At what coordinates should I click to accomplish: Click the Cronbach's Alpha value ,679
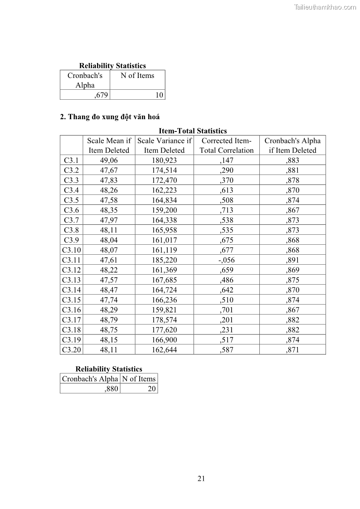click(101, 95)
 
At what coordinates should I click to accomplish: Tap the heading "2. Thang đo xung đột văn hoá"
click(110, 117)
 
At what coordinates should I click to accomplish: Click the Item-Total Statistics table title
click(193, 131)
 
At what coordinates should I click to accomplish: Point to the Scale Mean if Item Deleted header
click(109, 145)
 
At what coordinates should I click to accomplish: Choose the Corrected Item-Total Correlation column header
click(226, 145)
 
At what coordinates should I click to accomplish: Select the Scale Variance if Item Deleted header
click(164, 145)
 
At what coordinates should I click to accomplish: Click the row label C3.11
click(71, 260)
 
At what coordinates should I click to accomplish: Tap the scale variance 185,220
click(164, 260)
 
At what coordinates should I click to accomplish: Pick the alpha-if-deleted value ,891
click(292, 260)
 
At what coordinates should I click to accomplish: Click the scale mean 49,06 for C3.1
click(109, 160)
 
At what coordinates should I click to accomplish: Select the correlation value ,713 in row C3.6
click(226, 210)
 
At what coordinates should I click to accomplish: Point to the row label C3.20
click(71, 350)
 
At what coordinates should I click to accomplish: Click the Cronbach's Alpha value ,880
click(112, 388)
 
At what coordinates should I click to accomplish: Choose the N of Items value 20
click(151, 388)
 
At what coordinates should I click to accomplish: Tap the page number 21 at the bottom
click(202, 479)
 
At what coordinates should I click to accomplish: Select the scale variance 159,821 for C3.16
click(164, 310)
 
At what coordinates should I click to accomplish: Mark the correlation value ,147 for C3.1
click(226, 160)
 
